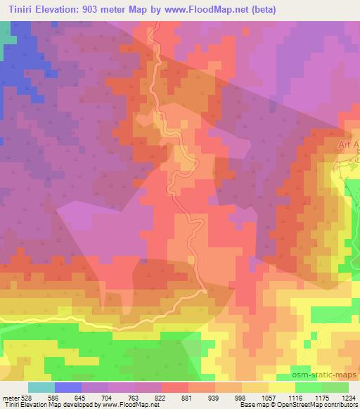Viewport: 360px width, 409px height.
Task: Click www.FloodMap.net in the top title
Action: click(212, 9)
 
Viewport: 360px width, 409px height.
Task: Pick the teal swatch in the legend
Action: click(41, 387)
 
